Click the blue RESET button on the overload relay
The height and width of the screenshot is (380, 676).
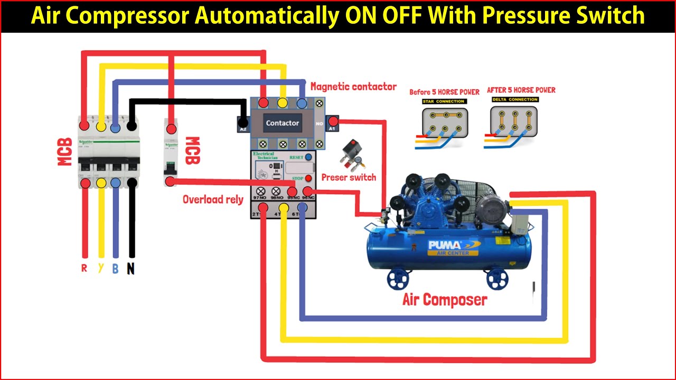coord(308,157)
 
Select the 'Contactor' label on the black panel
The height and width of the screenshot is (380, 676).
coord(282,123)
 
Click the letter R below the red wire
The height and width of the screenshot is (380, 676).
coord(84,268)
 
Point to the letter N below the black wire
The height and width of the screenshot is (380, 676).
coord(130,269)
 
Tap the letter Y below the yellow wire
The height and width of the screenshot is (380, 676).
coord(100,268)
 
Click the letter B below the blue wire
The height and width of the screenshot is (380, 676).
coord(115,269)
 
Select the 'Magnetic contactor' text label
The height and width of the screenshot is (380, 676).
coord(353,87)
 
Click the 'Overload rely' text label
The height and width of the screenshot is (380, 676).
coord(213,199)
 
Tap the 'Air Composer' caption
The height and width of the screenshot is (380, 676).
coord(445,300)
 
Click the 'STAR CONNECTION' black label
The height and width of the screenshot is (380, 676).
coord(444,101)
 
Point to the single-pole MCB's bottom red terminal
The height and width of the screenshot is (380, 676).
coord(170,182)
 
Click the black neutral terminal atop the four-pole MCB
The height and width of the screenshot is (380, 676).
coord(132,126)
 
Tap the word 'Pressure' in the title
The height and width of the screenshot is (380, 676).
coord(530,16)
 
